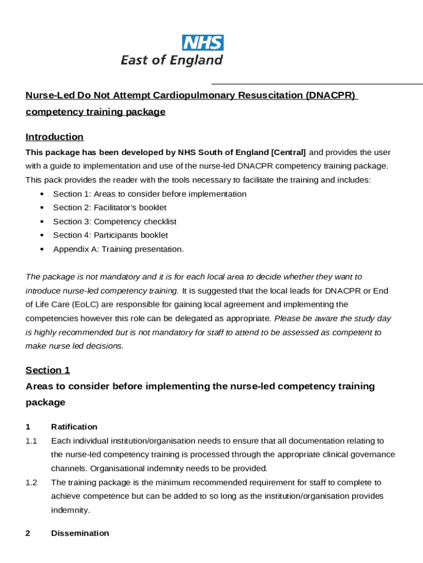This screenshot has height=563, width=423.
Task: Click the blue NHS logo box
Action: [x=203, y=42]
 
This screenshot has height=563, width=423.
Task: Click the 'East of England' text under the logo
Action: [x=172, y=60]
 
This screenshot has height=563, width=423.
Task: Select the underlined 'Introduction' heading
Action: [x=54, y=137]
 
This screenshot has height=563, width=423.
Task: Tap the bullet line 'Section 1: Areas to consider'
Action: [x=149, y=194]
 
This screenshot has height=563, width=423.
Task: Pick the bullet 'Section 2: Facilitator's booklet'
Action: [x=109, y=208]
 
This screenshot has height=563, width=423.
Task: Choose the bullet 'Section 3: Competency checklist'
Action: [x=114, y=222]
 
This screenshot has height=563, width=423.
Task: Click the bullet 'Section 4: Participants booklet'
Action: [x=110, y=235]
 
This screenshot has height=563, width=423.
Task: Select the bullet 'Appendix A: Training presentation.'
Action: [x=118, y=249]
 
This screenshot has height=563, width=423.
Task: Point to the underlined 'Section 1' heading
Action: [x=48, y=371]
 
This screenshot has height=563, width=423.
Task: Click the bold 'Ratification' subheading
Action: [x=74, y=427]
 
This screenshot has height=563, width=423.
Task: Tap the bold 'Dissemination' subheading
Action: [x=80, y=533]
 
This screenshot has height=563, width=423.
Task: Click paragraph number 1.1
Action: [x=31, y=441]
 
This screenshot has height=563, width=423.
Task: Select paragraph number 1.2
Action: [x=31, y=483]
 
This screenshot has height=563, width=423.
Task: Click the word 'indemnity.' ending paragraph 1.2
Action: [x=70, y=510]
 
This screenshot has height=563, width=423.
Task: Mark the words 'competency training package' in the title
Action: [x=95, y=112]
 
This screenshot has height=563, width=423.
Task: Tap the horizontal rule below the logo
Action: [x=330, y=84]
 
